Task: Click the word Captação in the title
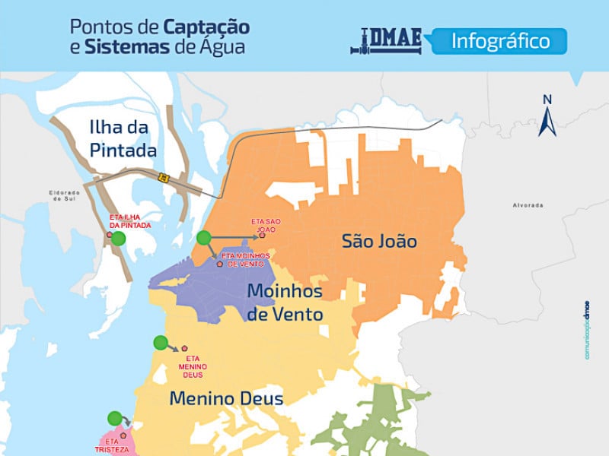tap(206, 27)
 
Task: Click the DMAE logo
tap(388, 41)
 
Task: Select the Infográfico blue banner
tap(500, 40)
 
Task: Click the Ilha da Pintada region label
tap(123, 138)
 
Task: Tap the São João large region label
tap(379, 241)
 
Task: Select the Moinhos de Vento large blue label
tap(285, 302)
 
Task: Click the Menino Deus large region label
tap(226, 398)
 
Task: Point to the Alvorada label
tap(528, 205)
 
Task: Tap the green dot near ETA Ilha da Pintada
tap(118, 239)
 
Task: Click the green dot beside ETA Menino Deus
tap(160, 343)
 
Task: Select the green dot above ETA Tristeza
tap(114, 417)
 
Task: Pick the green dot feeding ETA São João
tap(203, 238)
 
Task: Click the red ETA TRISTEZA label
tap(112, 445)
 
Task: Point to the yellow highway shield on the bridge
tap(162, 177)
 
